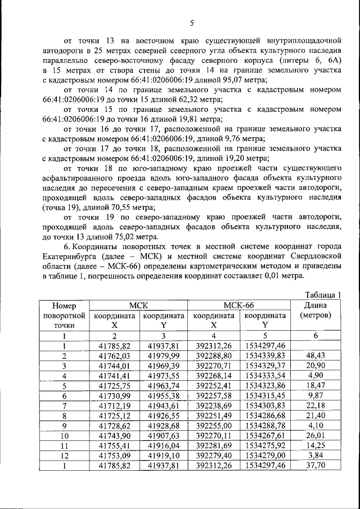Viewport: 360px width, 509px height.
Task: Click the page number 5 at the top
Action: tap(192, 23)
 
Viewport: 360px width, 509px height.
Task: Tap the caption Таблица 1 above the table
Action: tap(323, 295)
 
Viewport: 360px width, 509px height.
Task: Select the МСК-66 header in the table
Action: tap(238, 305)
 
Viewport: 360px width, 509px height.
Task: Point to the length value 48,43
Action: tap(316, 356)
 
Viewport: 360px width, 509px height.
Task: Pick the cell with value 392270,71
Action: tap(214, 366)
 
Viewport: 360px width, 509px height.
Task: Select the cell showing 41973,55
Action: tap(164, 375)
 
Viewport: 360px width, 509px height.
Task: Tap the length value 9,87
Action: tap(316, 395)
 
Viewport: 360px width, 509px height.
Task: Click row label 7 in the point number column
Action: tap(65, 404)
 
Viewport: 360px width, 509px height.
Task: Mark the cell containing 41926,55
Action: tap(164, 415)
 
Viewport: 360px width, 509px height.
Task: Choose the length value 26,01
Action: tap(316, 434)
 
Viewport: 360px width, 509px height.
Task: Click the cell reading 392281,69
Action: tap(214, 443)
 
